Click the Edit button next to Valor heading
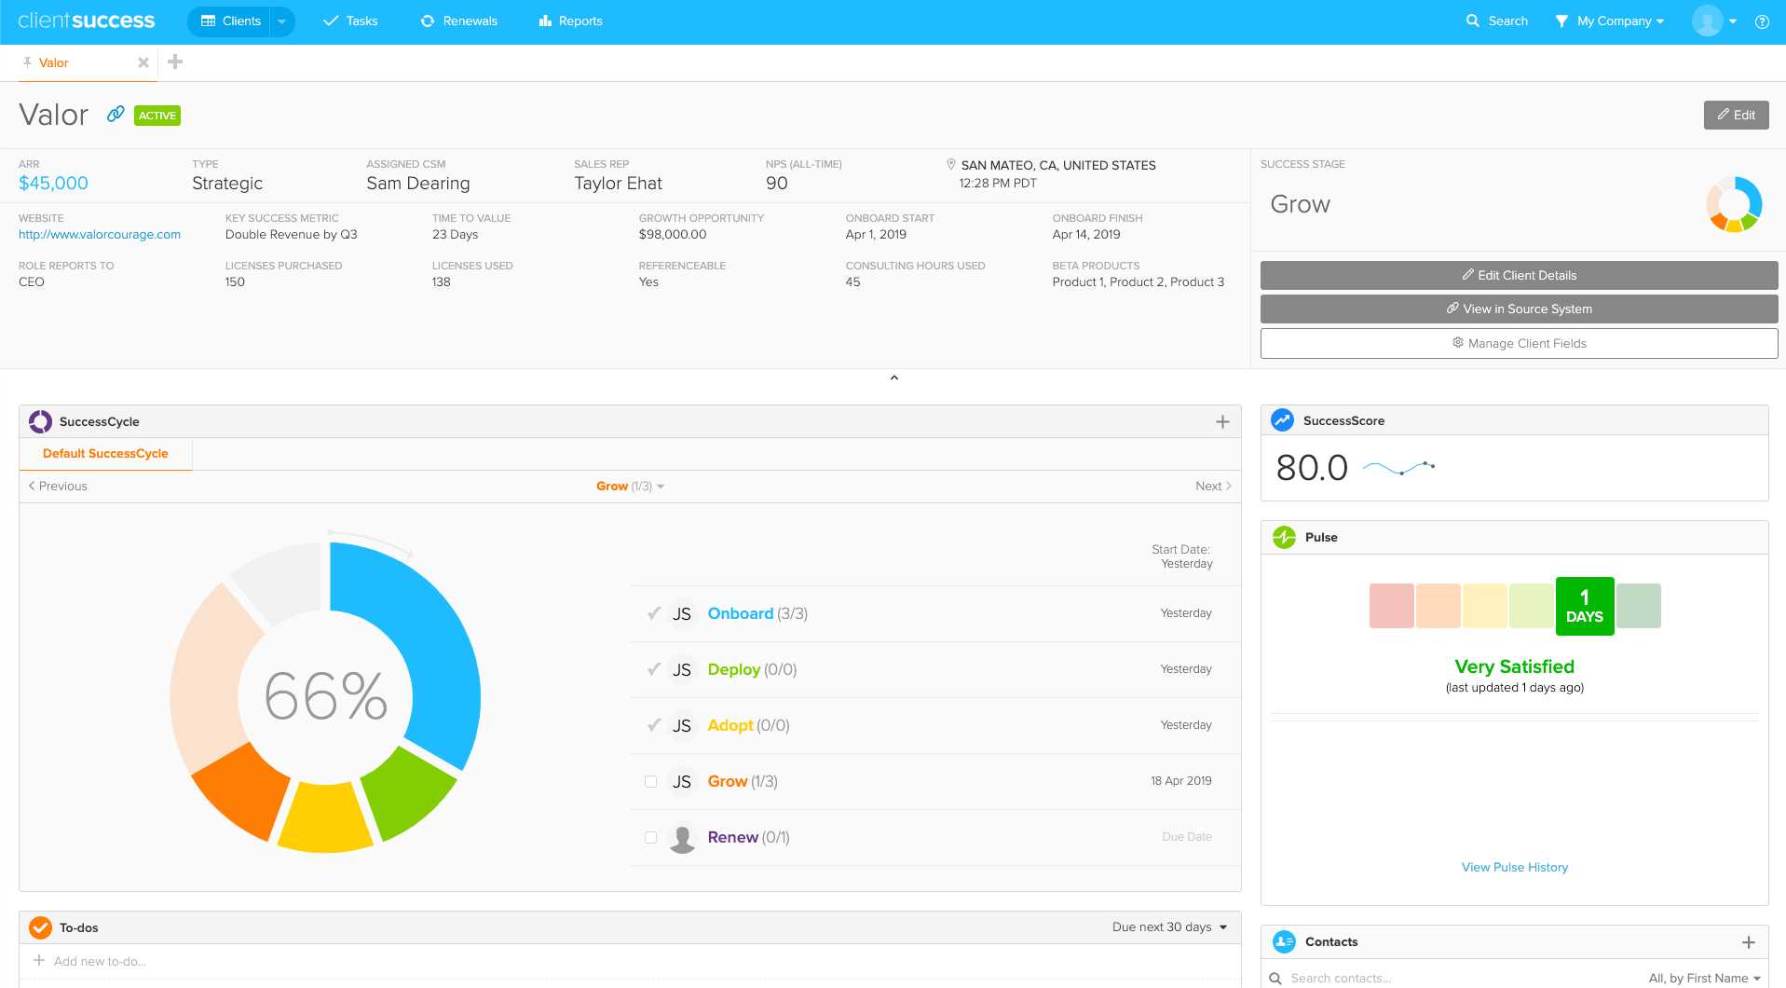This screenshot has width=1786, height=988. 1736,115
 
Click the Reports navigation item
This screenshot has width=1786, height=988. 570,21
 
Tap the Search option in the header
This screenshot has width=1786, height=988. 1496,21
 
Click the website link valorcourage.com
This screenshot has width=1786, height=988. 100,235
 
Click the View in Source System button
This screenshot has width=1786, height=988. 1519,309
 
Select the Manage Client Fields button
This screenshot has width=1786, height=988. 1519,343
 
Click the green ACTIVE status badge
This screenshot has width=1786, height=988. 157,116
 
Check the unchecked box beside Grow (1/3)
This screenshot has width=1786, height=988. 650,781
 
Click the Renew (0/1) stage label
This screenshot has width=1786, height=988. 732,837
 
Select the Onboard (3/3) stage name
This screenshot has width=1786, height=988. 740,613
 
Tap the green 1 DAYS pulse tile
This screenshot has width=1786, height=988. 1584,607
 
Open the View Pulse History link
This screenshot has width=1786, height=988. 1514,867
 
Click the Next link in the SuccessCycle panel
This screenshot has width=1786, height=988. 1212,486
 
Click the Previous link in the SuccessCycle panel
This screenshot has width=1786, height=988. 58,486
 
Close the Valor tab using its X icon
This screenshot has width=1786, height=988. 143,62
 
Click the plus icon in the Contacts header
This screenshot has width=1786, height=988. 1748,942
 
